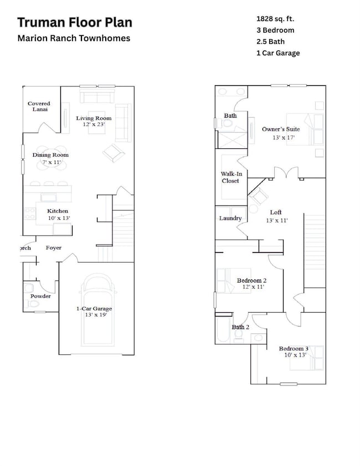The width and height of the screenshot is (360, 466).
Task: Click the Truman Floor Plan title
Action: click(x=75, y=23)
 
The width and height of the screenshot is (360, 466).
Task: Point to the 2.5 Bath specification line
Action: click(x=268, y=42)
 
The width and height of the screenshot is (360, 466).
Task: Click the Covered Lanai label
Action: click(x=39, y=106)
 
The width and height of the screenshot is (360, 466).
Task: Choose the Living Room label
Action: click(x=94, y=118)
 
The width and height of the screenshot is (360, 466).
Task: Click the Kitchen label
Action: click(x=58, y=211)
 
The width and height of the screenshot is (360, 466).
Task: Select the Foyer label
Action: click(x=54, y=248)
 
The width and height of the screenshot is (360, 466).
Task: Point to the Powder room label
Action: click(x=40, y=296)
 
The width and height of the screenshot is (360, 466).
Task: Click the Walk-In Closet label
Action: click(x=232, y=177)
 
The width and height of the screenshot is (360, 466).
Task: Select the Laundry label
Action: click(x=230, y=218)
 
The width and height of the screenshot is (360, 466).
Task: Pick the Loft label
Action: click(x=276, y=213)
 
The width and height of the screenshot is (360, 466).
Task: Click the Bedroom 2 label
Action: click(x=252, y=280)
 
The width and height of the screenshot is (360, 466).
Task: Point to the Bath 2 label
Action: click(x=241, y=327)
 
